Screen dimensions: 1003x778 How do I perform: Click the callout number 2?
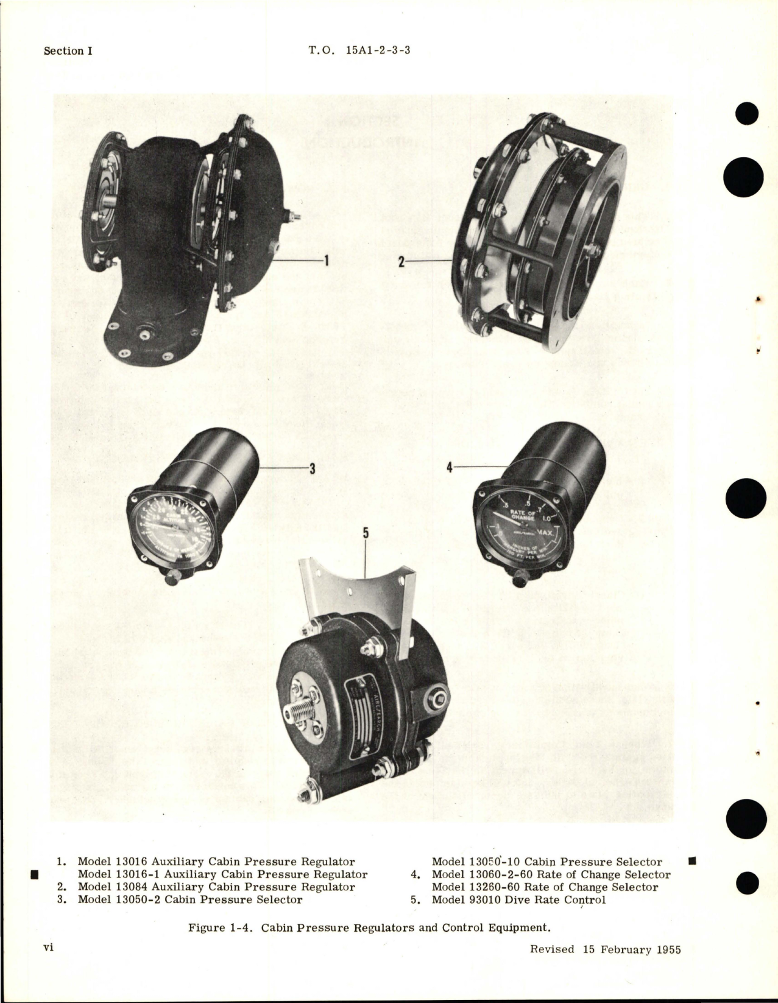tap(402, 262)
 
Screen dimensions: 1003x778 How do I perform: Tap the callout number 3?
tap(312, 468)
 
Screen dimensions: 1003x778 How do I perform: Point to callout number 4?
tap(450, 468)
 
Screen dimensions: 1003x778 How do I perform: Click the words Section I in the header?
tap(68, 51)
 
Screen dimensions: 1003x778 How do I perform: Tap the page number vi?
tap(49, 948)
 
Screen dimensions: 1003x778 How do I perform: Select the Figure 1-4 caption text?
tap(369, 927)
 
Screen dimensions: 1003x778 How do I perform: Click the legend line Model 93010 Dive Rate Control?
tap(518, 900)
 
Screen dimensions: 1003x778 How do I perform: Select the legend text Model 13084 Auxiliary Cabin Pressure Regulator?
tap(216, 887)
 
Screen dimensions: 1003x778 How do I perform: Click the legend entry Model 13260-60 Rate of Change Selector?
tap(545, 887)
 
